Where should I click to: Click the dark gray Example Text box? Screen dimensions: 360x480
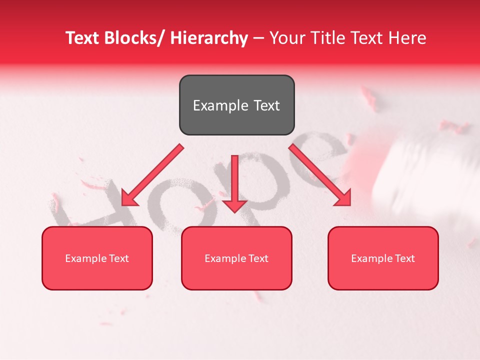[x=236, y=105]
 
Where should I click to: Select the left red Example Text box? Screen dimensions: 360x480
[x=97, y=258]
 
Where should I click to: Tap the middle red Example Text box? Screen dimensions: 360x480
[x=236, y=258]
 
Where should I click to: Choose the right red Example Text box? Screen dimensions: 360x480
[x=383, y=258]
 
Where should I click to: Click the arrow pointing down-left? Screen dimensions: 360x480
[x=152, y=175]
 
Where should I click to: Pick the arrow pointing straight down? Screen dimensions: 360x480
[x=234, y=182]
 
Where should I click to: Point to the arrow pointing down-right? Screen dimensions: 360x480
[x=320, y=175]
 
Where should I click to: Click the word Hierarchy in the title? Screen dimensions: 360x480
[x=209, y=38]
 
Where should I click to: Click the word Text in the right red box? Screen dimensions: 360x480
[x=404, y=258]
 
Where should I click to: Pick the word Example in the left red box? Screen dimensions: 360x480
[x=85, y=258]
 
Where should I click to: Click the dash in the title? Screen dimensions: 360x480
[x=258, y=38]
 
